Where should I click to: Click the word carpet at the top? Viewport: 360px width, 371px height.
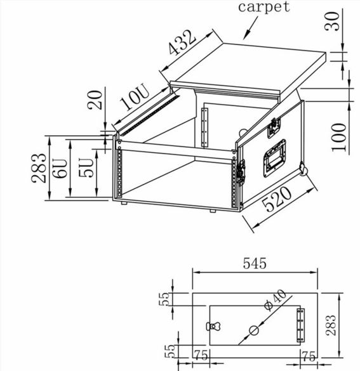click(x=264, y=7)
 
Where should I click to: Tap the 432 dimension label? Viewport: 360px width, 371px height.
click(x=182, y=42)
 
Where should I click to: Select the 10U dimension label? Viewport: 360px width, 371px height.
click(x=135, y=98)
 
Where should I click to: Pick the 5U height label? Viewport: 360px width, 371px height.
click(x=86, y=167)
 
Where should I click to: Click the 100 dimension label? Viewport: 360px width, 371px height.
click(x=338, y=137)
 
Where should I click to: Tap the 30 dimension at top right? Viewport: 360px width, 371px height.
click(x=332, y=22)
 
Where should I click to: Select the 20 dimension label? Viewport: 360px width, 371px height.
click(x=95, y=100)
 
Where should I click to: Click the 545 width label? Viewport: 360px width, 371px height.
click(x=255, y=264)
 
